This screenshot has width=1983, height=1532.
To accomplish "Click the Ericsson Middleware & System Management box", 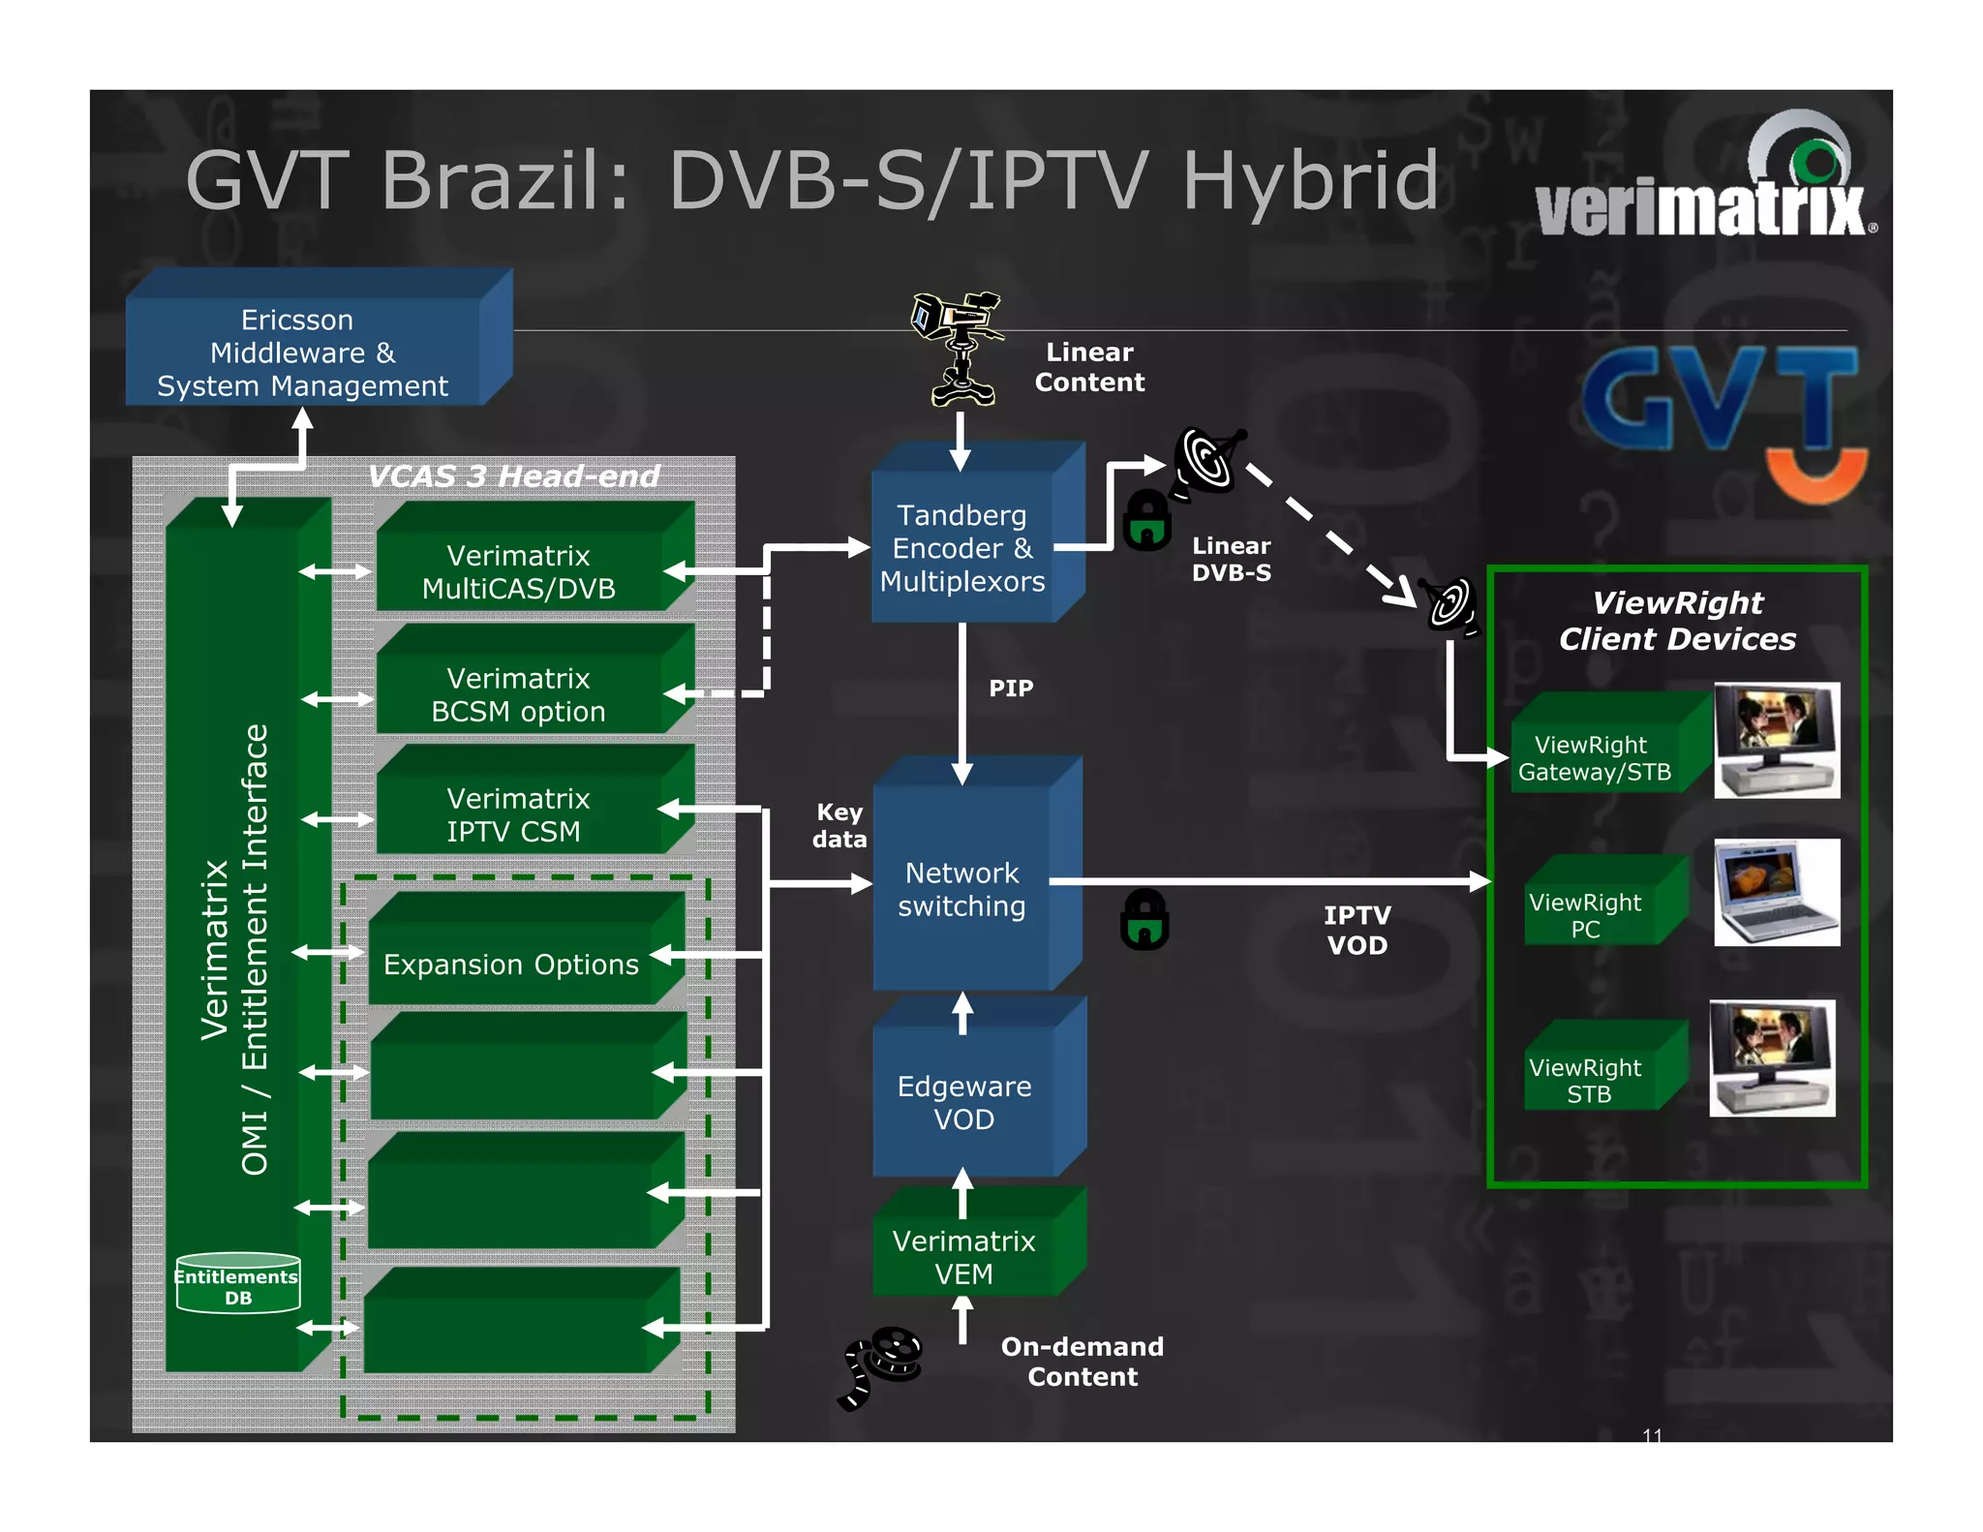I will click(303, 352).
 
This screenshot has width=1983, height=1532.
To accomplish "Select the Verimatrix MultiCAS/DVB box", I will click(519, 571).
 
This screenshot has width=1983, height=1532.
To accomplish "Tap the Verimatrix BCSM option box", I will click(519, 694).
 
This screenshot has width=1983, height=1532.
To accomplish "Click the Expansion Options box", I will click(511, 964).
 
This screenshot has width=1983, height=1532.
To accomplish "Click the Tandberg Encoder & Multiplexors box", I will click(961, 548).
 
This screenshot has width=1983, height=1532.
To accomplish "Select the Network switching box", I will click(961, 889).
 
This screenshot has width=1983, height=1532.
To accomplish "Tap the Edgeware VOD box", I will click(963, 1102).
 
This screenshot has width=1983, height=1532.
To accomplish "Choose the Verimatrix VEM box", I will click(963, 1256).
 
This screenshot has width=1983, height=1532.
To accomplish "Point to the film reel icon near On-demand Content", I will click(881, 1365).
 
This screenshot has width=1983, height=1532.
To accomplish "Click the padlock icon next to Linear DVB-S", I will click(1147, 521).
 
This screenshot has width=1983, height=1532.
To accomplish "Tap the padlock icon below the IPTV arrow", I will click(1144, 920).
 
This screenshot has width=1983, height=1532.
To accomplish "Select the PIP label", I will click(1011, 689).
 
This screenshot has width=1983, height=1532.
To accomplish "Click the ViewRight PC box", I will click(1585, 914).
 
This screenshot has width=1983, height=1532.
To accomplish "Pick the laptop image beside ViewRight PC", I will click(1776, 892).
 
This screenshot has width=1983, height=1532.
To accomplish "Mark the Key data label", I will click(839, 825).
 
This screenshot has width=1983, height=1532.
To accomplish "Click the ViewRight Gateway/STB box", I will click(1595, 757).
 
